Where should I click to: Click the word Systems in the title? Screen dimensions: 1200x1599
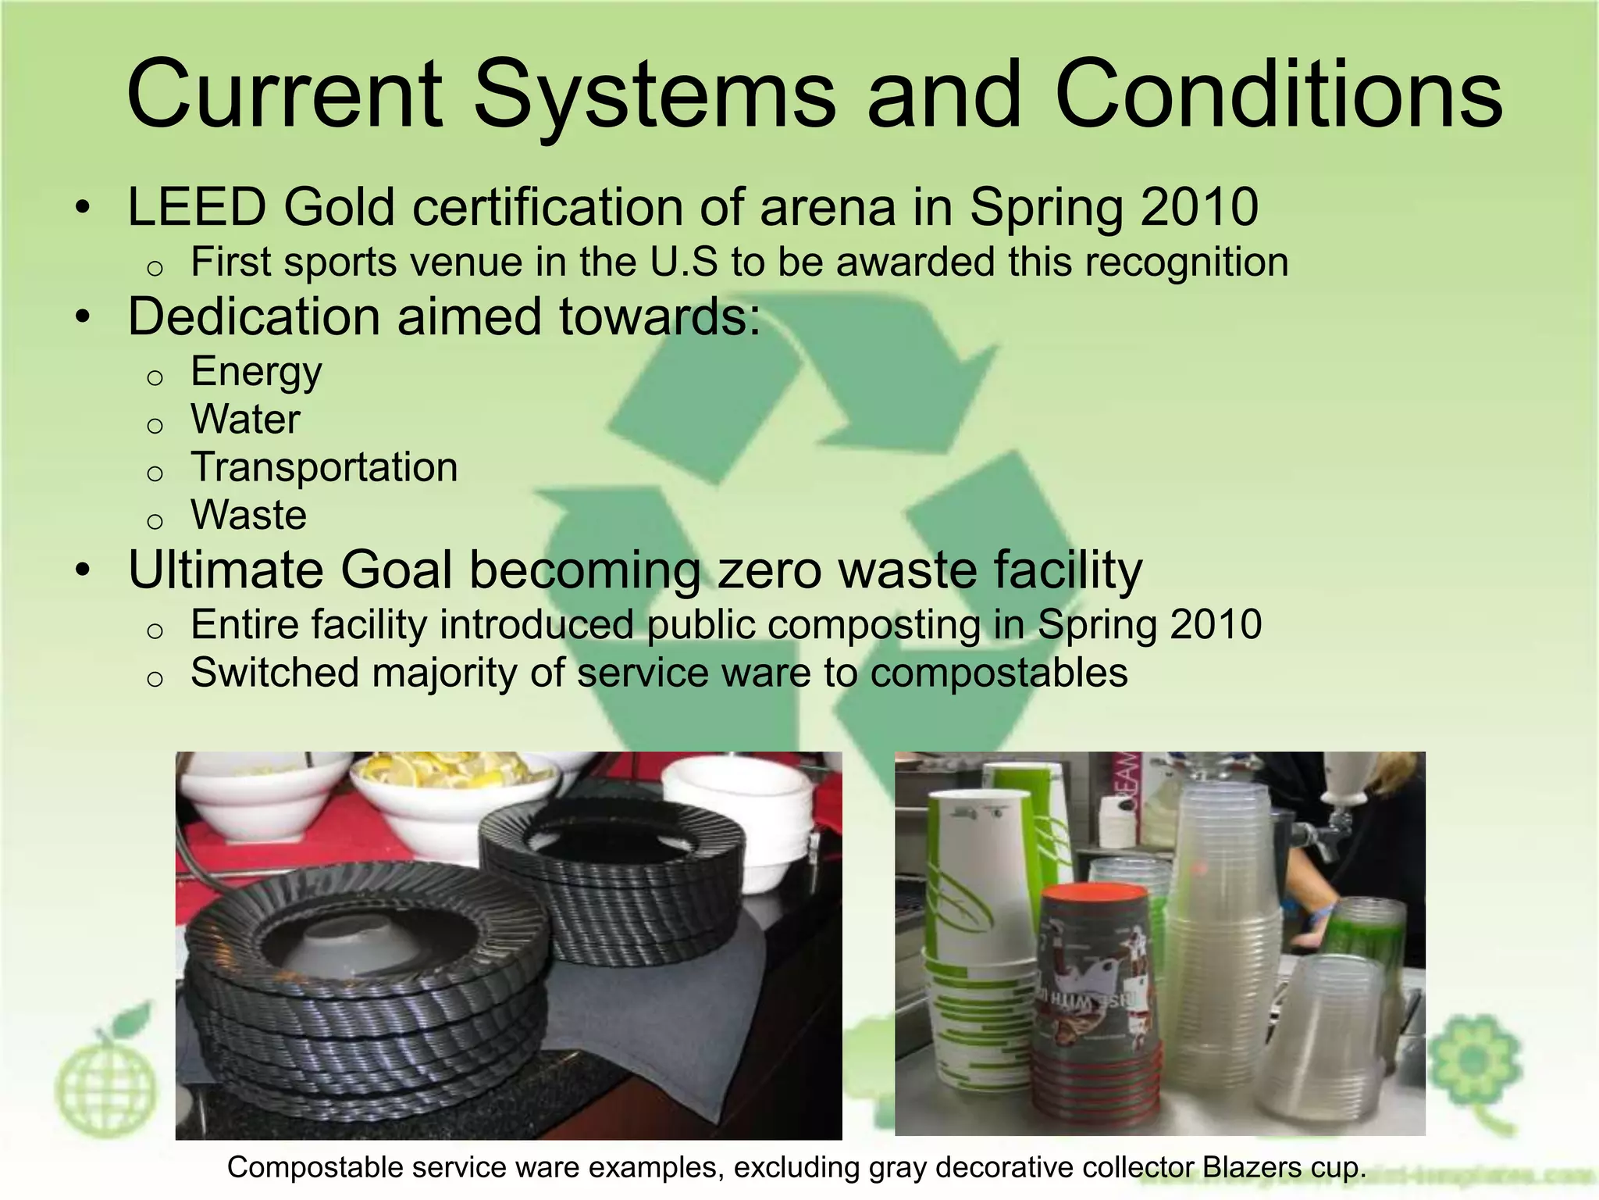coord(654,95)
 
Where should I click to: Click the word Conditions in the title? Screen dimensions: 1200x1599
coord(1278,95)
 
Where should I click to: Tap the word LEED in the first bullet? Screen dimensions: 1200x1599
coord(197,208)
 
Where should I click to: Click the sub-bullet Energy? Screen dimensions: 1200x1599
coord(256,372)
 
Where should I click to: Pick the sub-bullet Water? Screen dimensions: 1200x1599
coord(245,420)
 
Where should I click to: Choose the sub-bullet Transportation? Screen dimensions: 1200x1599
coord(324,467)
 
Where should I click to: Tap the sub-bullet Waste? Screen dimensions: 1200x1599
coord(248,516)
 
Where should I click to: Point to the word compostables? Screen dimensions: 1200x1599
coord(999,673)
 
